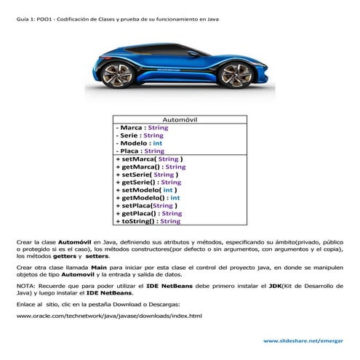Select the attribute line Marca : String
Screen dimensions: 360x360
click(x=142, y=127)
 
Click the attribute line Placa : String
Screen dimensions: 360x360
click(x=140, y=151)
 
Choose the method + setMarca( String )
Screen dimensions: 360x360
click(x=149, y=159)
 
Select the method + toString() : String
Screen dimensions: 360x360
click(x=148, y=222)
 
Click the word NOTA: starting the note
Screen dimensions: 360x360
click(x=27, y=287)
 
